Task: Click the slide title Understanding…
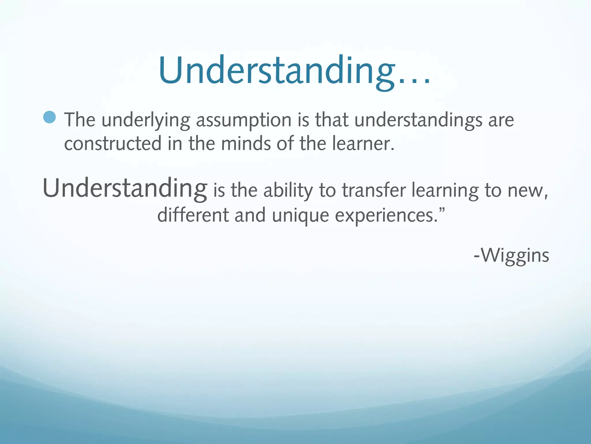(x=294, y=71)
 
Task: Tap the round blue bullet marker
(x=50, y=117)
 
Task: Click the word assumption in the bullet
(x=244, y=120)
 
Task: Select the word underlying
(x=146, y=120)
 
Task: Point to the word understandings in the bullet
(x=418, y=120)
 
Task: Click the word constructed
(x=113, y=144)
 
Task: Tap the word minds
(x=246, y=144)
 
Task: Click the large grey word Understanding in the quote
(x=125, y=188)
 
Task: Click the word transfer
(x=374, y=191)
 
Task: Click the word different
(x=193, y=215)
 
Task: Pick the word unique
(x=300, y=216)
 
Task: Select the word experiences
(x=386, y=216)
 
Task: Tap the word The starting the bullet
(x=80, y=120)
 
